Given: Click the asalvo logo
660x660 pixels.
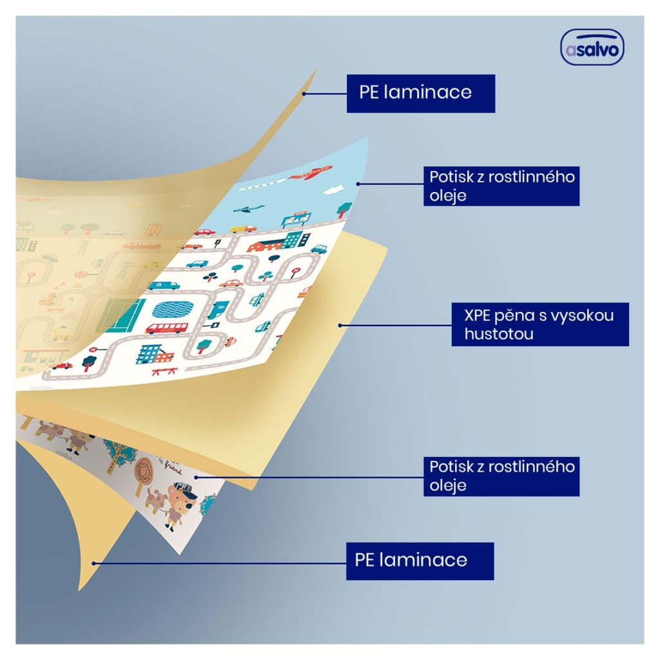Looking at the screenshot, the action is click(592, 47).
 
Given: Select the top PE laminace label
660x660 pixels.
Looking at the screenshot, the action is click(420, 93).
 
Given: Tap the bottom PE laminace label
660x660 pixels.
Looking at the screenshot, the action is click(420, 561).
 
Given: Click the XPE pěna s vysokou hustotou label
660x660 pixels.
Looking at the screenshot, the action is click(540, 324).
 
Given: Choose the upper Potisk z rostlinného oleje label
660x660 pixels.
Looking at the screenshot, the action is click(501, 186).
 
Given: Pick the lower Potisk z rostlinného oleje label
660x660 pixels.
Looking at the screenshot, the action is click(501, 476).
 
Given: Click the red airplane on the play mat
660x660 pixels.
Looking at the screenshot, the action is click(311, 173).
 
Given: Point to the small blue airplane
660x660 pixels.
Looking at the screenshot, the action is click(248, 209).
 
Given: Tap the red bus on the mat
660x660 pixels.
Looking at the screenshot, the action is click(167, 328).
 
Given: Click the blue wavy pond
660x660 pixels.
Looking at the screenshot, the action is click(173, 309).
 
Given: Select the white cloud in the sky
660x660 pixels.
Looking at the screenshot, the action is click(333, 190).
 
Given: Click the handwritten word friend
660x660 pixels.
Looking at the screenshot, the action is click(173, 468).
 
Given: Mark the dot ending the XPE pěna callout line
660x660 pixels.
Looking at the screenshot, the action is click(340, 325).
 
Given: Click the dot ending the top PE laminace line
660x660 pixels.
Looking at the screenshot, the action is click(304, 93).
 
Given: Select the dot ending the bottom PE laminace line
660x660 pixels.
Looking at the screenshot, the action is click(94, 563).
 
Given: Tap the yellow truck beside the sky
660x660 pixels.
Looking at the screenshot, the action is click(243, 229).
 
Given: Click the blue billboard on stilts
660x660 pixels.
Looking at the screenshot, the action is click(297, 220).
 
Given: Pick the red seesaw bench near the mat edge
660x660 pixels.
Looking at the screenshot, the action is click(164, 371).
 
